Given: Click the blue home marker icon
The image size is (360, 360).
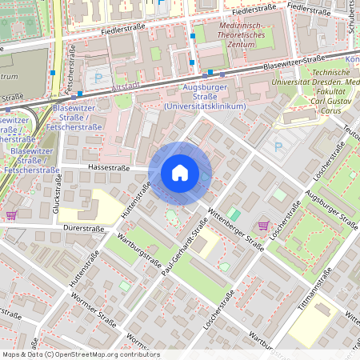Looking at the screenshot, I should pyautogui.click(x=179, y=173).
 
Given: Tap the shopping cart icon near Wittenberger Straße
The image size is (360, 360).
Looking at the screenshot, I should pyautogui.click(x=264, y=226).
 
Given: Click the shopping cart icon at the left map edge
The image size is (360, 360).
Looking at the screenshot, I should pyautogui.click(x=10, y=215).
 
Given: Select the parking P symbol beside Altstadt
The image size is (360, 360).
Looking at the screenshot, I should pyautogui.click(x=99, y=78).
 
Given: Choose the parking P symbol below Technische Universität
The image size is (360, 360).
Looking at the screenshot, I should pyautogui.click(x=278, y=146).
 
